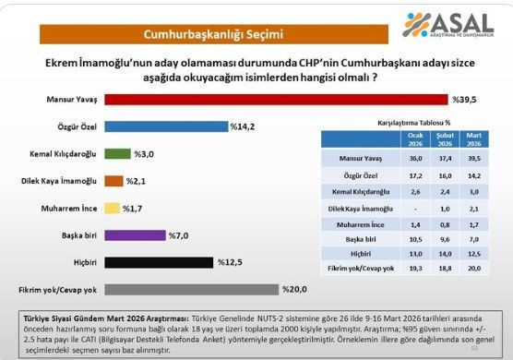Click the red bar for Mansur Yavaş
277,99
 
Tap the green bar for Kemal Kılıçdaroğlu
117,153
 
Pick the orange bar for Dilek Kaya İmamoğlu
113,181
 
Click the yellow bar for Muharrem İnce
112,208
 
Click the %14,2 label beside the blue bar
243,126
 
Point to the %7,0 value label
181,235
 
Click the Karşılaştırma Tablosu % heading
413,122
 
